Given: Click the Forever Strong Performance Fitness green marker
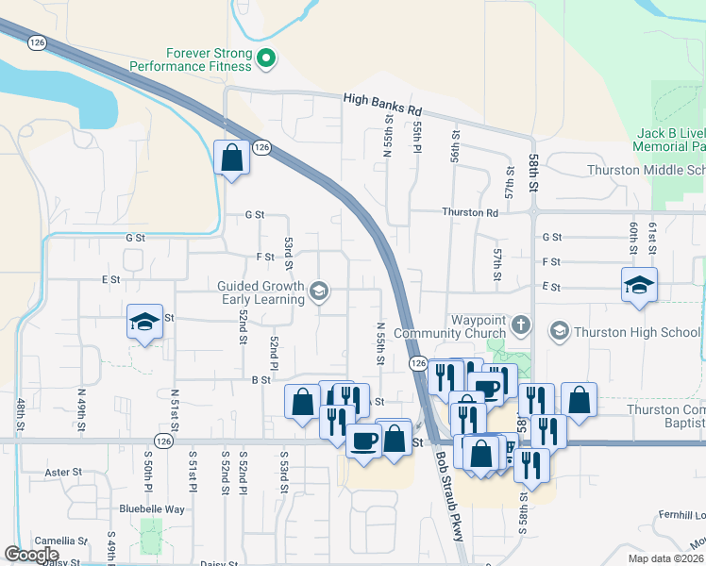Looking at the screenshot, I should click(x=266, y=59).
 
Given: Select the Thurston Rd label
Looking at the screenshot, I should click(x=471, y=213).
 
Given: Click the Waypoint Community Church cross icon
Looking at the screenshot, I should click(x=520, y=326).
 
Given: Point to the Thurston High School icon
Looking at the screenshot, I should click(x=560, y=331).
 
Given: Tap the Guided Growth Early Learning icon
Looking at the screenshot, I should click(x=319, y=291).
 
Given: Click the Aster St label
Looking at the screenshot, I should click(x=65, y=472).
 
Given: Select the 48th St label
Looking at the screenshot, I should click(x=20, y=415).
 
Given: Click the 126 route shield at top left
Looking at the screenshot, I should click(x=37, y=42).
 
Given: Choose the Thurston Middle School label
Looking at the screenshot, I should click(x=646, y=170).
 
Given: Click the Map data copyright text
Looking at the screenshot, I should click(x=665, y=558).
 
